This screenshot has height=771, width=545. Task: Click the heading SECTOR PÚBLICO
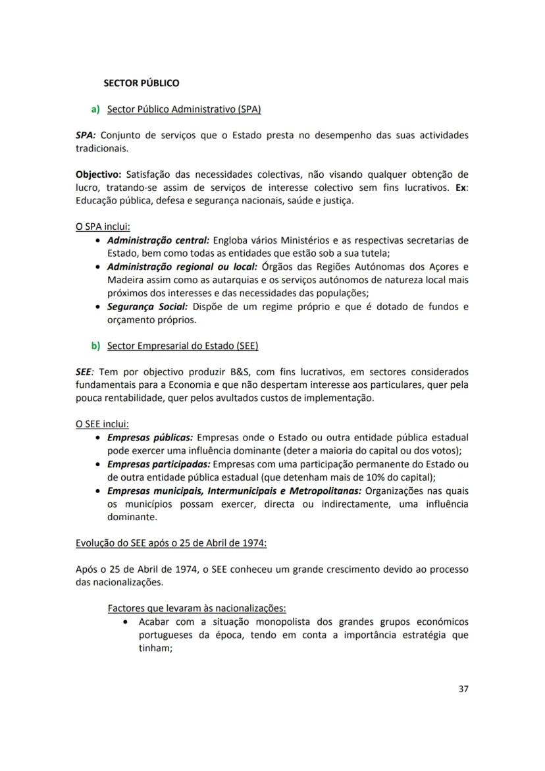[x=142, y=84]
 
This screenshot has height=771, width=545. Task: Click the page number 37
[x=463, y=689]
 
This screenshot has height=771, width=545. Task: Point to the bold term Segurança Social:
[x=147, y=307]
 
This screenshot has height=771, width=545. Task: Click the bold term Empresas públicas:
[x=150, y=437]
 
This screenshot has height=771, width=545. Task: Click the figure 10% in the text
[x=376, y=477]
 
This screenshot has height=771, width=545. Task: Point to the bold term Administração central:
[x=158, y=240]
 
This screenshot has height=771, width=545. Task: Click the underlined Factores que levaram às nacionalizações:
[x=197, y=608]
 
